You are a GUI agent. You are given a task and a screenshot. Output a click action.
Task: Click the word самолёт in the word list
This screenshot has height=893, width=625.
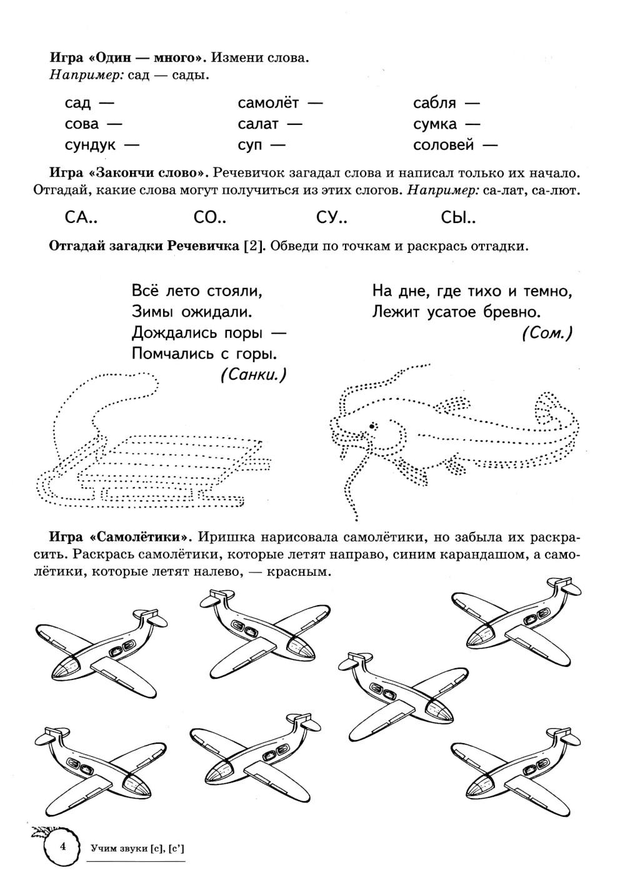pyautogui.click(x=268, y=102)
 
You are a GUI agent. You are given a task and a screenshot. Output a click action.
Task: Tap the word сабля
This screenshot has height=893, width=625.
pyautogui.click(x=434, y=102)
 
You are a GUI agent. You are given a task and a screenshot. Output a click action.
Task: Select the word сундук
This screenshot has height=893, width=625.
pyautogui.click(x=90, y=145)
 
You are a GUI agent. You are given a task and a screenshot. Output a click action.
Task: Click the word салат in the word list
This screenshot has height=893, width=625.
pyautogui.click(x=258, y=124)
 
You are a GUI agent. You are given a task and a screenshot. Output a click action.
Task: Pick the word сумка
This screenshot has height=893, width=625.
pyautogui.click(x=435, y=124)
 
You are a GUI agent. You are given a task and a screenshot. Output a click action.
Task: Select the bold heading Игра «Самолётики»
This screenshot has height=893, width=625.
pyautogui.click(x=119, y=537)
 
